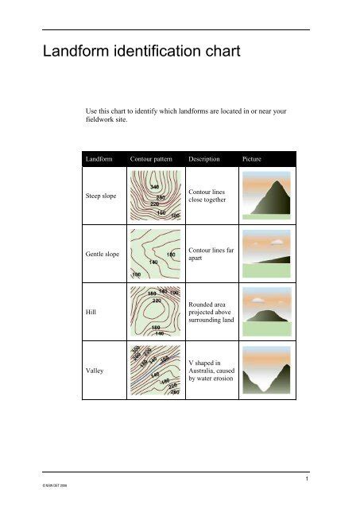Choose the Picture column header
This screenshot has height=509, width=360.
(251, 159)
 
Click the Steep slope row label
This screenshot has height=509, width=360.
(103, 194)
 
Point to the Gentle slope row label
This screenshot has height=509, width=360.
(104, 254)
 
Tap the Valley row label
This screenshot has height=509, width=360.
(95, 371)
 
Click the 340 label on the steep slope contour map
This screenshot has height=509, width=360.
(154, 187)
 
